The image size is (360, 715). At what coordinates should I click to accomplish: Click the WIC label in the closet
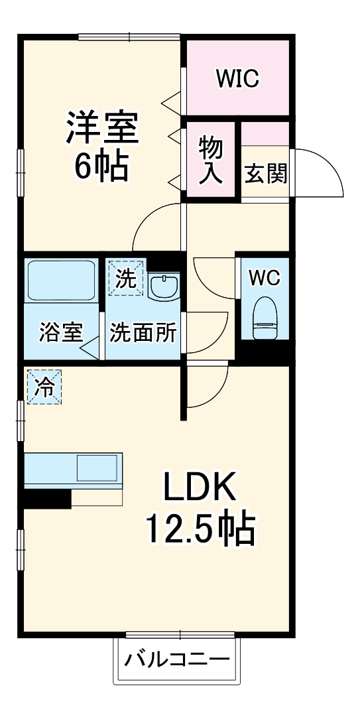[237, 79]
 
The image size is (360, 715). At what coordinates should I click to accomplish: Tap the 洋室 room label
[102, 127]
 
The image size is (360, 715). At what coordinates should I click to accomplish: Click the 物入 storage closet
[211, 161]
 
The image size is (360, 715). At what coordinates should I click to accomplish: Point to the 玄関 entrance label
[266, 173]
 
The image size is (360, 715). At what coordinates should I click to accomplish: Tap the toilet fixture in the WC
[265, 318]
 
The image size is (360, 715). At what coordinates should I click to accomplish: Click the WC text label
[265, 278]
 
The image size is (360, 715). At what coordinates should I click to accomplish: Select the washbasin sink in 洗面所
[164, 287]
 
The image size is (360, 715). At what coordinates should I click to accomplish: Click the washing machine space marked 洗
[125, 278]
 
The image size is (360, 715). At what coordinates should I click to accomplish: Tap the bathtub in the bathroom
[61, 279]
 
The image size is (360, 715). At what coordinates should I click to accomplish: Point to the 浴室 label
[61, 332]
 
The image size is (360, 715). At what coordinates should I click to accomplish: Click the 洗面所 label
[143, 332]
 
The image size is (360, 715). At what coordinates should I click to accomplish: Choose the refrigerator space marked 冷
[44, 387]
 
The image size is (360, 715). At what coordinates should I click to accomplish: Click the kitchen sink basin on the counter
[97, 468]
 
